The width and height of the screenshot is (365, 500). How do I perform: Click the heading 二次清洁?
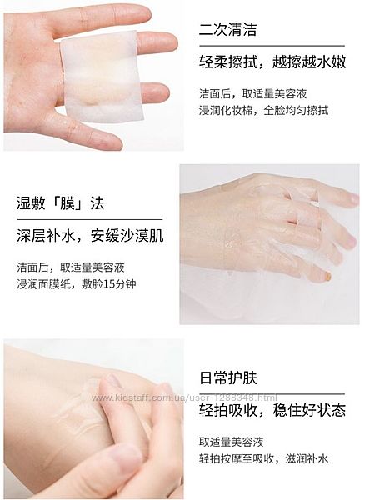coord(227,29)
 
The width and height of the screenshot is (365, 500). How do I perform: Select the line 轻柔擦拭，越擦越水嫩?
coord(272,62)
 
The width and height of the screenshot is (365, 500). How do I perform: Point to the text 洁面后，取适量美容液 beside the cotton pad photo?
coord(252,93)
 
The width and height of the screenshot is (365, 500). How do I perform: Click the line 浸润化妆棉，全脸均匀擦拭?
coord(263,110)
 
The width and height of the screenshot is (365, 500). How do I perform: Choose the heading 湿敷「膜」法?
coord(61,203)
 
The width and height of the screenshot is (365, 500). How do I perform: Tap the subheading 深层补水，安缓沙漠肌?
coord(90,236)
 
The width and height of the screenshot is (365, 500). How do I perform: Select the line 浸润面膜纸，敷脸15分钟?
coord(77,284)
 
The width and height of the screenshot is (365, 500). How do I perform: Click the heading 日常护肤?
coord(227,377)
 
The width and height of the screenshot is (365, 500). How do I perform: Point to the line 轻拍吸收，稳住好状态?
coord(272,410)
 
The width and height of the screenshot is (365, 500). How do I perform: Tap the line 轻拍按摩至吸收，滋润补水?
coord(263,458)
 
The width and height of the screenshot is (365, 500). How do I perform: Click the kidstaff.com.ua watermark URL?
coord(184,397)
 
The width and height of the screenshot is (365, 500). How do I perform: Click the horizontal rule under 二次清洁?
coord(272,46)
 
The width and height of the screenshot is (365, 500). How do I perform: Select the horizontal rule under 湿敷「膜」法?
coord(90,220)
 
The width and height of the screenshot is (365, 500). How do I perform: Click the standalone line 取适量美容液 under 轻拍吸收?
coord(232,442)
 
